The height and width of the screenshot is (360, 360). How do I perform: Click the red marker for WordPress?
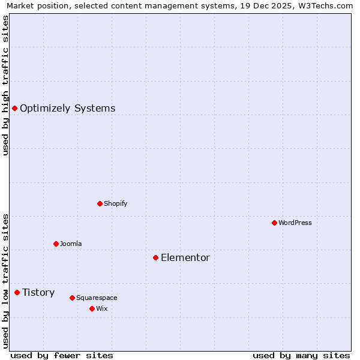[x=274, y=223]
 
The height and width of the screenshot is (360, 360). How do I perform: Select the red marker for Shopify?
[x=100, y=203]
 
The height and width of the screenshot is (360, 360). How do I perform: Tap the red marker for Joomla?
[x=56, y=244]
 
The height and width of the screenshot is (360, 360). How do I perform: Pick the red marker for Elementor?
[x=155, y=257]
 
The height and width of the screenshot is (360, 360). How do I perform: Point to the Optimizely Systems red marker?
[x=14, y=108]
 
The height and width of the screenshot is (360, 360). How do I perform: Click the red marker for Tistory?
[x=17, y=292]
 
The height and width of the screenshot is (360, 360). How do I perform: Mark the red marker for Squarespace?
[x=72, y=298]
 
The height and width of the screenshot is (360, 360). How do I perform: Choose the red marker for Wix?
[x=92, y=308]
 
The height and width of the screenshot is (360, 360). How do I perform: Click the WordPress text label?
[x=295, y=223]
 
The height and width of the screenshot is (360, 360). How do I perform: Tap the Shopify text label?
[x=115, y=203]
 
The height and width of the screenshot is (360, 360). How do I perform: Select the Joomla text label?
[x=71, y=244]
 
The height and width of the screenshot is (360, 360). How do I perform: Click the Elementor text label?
[x=185, y=257]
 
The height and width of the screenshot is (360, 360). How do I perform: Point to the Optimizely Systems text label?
[x=67, y=108]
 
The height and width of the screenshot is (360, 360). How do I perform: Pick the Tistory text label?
[x=38, y=292]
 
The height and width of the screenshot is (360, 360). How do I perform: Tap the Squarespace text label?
[x=97, y=298]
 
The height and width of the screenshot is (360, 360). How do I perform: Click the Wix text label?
[x=101, y=308]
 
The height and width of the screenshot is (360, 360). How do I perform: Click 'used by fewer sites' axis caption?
[x=62, y=355]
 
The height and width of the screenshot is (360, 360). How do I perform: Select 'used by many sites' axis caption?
[x=301, y=355]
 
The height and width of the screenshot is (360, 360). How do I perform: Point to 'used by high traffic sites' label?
[x=5, y=85]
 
